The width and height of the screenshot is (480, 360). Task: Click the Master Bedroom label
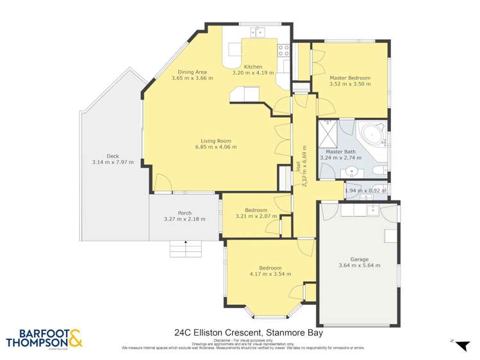tap(350, 78)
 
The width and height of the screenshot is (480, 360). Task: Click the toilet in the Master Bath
tap(379, 169)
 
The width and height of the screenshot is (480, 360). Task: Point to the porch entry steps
tap(185, 248)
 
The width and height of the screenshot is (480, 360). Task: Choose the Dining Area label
tap(192, 72)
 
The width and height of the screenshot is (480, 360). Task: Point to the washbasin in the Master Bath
tap(351, 172)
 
